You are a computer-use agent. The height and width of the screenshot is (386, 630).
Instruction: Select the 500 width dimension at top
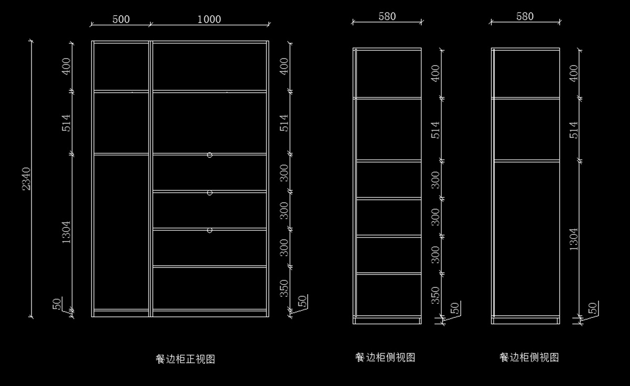pyautogui.click(x=121, y=19)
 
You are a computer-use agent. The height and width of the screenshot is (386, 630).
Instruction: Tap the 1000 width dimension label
pyautogui.click(x=209, y=19)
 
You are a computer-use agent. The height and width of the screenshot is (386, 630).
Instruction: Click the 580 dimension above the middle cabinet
pyautogui.click(x=387, y=16)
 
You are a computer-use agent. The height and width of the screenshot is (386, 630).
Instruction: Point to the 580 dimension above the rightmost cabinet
pyautogui.click(x=524, y=16)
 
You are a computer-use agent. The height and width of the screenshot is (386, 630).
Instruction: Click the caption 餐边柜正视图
pyautogui.click(x=185, y=359)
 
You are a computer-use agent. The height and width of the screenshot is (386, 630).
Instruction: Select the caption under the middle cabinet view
pyautogui.click(x=385, y=358)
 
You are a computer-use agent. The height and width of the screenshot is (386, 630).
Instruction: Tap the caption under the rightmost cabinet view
pyautogui.click(x=529, y=358)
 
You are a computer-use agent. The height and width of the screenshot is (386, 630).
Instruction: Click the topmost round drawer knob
pyautogui.click(x=209, y=155)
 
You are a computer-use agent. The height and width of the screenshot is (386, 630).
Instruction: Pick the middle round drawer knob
pyautogui.click(x=209, y=193)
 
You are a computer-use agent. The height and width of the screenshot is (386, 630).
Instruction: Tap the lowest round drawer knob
pyautogui.click(x=209, y=230)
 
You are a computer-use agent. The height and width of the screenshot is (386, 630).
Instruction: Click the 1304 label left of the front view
pyautogui.click(x=67, y=232)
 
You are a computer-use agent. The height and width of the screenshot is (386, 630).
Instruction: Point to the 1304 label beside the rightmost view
pyautogui.click(x=573, y=239)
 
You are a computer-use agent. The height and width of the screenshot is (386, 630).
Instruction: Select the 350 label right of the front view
pyautogui.click(x=284, y=288)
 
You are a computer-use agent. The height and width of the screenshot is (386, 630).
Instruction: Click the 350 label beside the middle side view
pyautogui.click(x=435, y=295)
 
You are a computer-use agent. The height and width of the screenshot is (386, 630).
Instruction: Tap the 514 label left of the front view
pyautogui.click(x=67, y=123)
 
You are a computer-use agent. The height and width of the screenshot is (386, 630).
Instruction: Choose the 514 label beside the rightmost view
pyautogui.click(x=573, y=130)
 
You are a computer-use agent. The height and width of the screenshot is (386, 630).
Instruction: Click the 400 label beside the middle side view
pyautogui.click(x=435, y=73)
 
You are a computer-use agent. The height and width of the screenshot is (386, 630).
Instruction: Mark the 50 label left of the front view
pyautogui.click(x=58, y=304)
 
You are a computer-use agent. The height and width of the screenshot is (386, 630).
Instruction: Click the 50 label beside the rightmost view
pyautogui.click(x=593, y=308)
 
